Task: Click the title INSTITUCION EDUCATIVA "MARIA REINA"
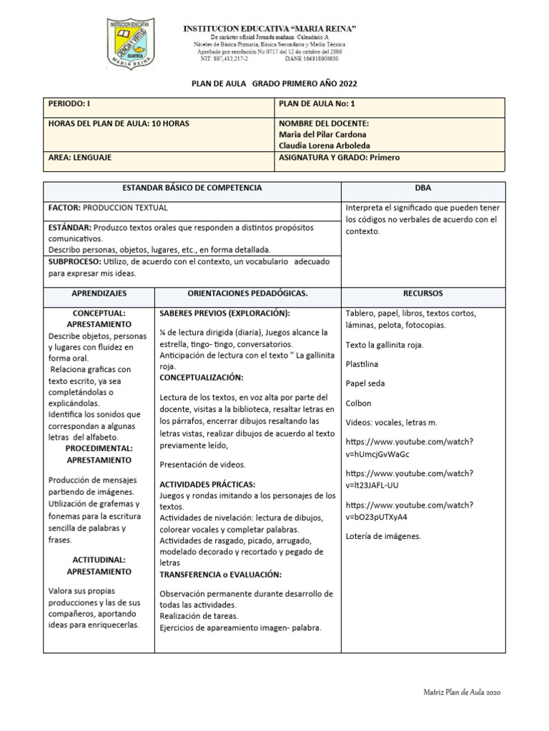[270, 28]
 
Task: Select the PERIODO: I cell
[158, 104]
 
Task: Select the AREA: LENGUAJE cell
[158, 158]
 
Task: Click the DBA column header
[422, 188]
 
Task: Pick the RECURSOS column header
[422, 293]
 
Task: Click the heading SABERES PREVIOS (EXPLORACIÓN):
[224, 313]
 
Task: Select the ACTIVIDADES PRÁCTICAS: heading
[207, 484]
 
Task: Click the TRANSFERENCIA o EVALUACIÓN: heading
[220, 574]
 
